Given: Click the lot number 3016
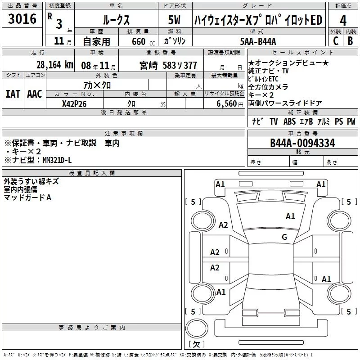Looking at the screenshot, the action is [x=22, y=19].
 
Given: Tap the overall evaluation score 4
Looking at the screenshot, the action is [x=343, y=20].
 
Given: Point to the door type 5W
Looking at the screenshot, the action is [x=175, y=20].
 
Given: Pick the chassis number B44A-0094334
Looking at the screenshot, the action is [x=302, y=143].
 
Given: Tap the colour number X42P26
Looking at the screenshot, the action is [x=74, y=104].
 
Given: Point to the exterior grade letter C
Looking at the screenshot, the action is [x=336, y=41].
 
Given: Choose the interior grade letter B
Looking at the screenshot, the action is [x=351, y=41].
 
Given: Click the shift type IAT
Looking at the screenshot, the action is [x=13, y=94].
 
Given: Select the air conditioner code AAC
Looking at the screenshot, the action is [x=34, y=94].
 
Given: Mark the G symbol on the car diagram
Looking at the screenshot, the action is [x=284, y=237].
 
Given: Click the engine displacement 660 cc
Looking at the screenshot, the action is [x=140, y=41].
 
